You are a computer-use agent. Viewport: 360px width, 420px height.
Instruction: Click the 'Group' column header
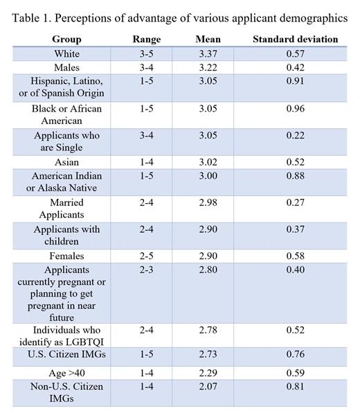(66, 40)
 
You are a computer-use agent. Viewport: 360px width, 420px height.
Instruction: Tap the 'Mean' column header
(208, 40)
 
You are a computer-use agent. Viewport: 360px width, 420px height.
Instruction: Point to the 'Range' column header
(146, 40)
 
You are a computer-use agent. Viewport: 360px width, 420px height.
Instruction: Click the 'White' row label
(66, 53)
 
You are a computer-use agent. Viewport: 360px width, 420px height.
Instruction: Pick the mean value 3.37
(208, 53)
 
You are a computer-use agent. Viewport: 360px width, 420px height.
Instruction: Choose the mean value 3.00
(208, 176)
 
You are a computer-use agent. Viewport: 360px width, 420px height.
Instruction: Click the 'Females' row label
(66, 256)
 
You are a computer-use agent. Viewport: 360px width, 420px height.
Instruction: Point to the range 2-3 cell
(146, 270)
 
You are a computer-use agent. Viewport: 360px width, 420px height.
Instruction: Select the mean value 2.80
(208, 270)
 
